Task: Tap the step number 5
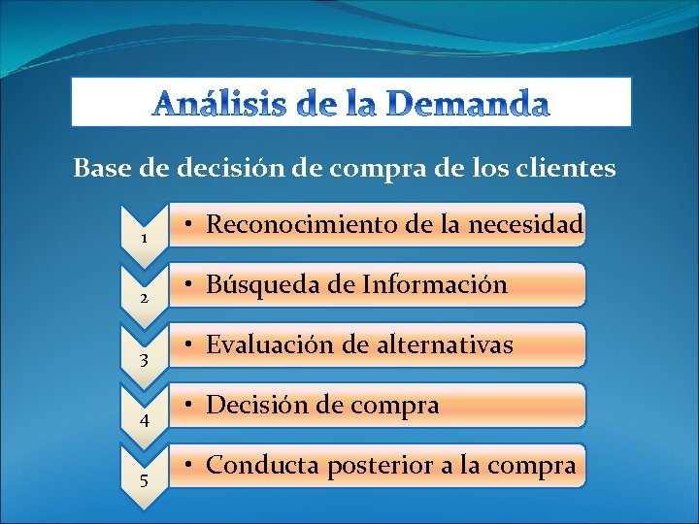tap(144, 481)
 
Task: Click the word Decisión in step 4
tap(250, 406)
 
